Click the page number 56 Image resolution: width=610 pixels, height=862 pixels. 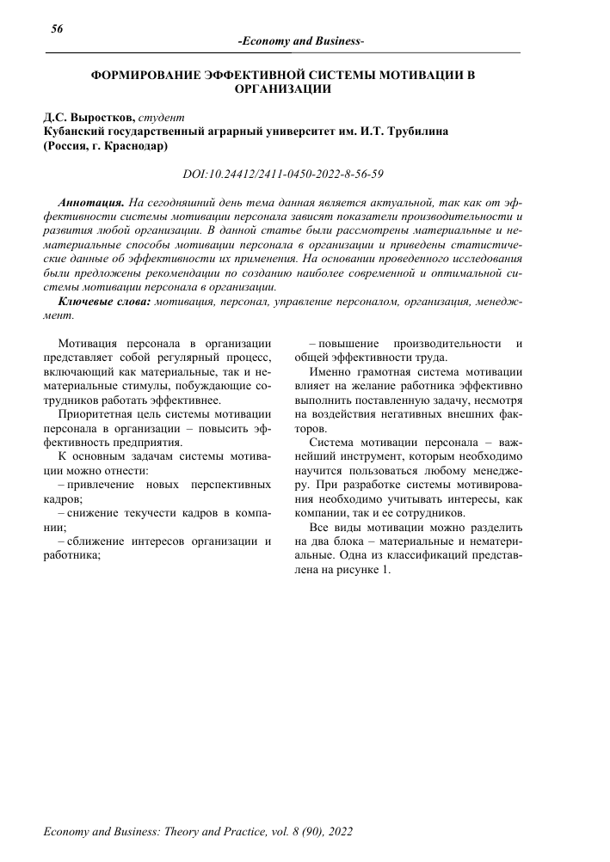click(x=58, y=28)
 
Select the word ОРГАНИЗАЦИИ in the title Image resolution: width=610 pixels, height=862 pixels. click(x=283, y=88)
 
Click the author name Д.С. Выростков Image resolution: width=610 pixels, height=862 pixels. click(x=89, y=117)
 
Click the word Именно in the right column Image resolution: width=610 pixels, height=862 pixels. click(x=331, y=373)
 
